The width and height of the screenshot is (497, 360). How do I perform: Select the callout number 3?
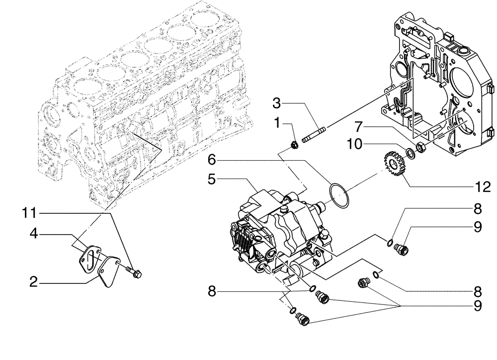277,103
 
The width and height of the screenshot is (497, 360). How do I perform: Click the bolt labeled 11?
134,272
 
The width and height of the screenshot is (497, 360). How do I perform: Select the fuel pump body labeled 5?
278,229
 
